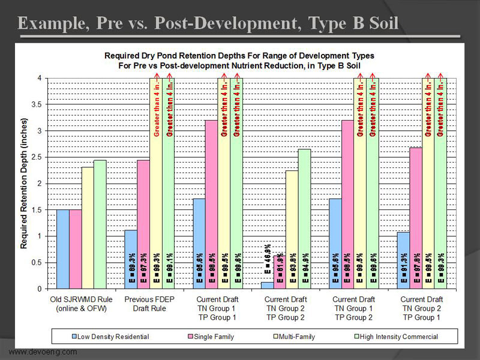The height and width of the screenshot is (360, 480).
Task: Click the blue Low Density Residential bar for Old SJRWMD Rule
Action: coord(62,249)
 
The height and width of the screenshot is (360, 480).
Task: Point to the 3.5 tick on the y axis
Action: coord(40,104)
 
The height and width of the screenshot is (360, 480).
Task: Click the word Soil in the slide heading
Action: coord(378,24)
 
